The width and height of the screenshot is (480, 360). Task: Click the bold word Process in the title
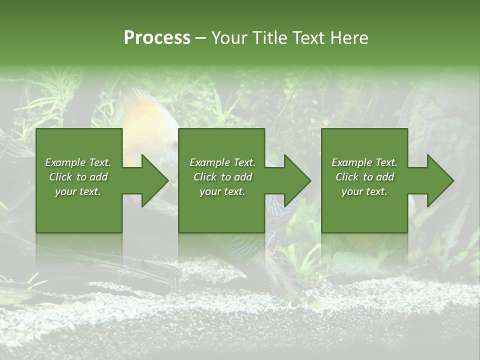(157, 38)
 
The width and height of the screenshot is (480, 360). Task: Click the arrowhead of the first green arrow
(155, 180)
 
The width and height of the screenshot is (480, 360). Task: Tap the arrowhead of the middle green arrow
(297, 180)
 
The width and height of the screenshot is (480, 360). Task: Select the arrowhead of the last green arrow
(440, 180)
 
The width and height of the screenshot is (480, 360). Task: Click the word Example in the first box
(65, 162)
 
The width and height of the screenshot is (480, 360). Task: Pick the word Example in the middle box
(209, 162)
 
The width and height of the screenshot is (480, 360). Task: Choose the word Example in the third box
(351, 162)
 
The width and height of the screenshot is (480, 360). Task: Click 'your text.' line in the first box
(78, 191)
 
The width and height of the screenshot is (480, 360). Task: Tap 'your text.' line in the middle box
(222, 191)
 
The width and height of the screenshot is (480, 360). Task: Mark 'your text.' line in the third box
(364, 191)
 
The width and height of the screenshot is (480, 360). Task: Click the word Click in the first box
(60, 177)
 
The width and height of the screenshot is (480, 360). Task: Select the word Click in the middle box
(205, 177)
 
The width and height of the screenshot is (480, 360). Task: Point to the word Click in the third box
(347, 177)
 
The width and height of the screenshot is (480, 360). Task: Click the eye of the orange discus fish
(174, 145)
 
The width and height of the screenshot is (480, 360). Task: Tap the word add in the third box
(384, 177)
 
